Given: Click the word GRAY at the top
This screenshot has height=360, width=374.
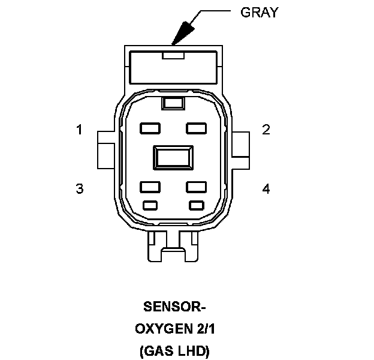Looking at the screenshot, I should [x=259, y=13].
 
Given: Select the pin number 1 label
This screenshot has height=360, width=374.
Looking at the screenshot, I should [x=79, y=130].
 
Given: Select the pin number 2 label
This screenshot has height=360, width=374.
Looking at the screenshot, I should [x=266, y=130].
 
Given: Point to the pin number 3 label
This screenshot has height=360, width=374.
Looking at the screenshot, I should [x=79, y=189].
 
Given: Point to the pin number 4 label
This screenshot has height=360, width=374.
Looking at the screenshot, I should [x=266, y=189].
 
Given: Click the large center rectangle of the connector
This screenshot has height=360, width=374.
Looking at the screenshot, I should [x=173, y=157].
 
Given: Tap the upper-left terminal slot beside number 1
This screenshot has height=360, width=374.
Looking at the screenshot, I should [x=150, y=128].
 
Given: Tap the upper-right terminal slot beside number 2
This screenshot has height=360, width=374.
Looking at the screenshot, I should [x=197, y=128].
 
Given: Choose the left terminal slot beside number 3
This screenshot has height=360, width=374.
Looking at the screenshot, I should [x=150, y=187].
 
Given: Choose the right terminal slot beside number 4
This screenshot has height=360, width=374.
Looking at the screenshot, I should [x=197, y=187].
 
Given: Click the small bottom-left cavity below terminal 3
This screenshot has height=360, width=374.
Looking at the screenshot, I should [x=150, y=205].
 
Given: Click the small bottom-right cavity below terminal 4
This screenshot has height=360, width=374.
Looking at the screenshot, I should [x=196, y=205].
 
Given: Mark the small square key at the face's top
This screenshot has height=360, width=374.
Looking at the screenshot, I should [x=173, y=103].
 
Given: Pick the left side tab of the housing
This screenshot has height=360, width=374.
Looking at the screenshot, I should [x=104, y=148].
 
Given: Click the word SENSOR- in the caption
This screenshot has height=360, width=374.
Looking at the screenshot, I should [x=174, y=308].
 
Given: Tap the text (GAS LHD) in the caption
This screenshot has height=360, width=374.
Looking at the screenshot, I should [x=174, y=350].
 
